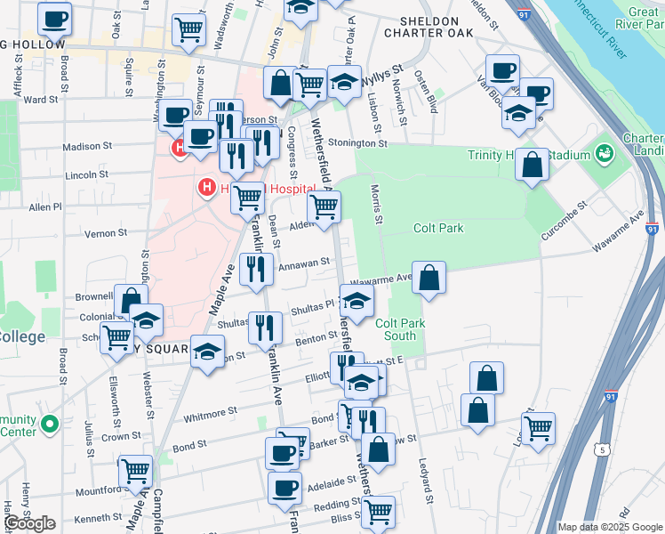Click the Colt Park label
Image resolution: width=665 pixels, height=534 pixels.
coord(438,229)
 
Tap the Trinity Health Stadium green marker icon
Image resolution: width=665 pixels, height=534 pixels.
coord(605,153)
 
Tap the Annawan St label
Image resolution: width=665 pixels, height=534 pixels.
coord(304,264)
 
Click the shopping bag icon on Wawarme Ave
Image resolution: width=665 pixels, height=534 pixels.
coord(429,278)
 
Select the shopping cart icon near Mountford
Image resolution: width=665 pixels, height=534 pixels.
coord(135,469)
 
